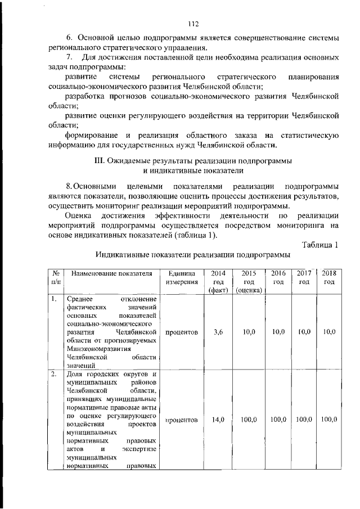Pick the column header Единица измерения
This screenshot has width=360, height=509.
tap(182, 278)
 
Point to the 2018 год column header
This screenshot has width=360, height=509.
tap(328, 278)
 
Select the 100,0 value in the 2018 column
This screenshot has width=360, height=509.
tap(328, 420)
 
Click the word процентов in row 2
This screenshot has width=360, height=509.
tap(182, 420)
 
